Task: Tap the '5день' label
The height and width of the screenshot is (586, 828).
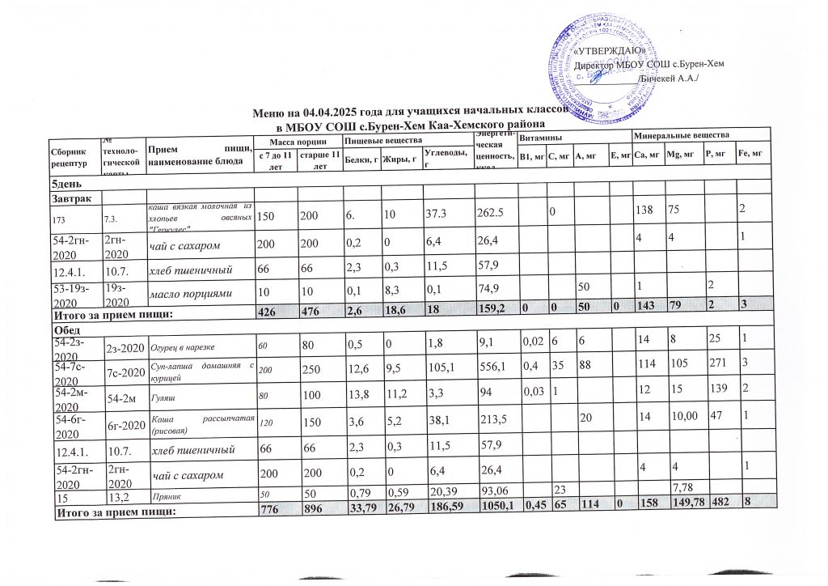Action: click(x=68, y=185)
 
